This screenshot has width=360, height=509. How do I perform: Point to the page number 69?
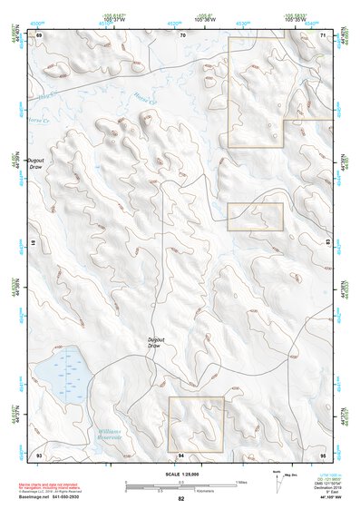click(x=39, y=34)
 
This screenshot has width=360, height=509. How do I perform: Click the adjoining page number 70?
click(x=182, y=34)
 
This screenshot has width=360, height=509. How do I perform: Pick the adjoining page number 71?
click(x=324, y=34)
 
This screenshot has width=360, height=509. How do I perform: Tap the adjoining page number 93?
click(x=39, y=454)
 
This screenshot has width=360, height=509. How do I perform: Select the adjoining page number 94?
click(x=181, y=454)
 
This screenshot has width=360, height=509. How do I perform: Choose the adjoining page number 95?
click(x=323, y=454)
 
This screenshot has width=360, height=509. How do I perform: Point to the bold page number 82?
click(x=181, y=499)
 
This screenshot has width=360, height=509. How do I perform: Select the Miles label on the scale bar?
click(x=240, y=482)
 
